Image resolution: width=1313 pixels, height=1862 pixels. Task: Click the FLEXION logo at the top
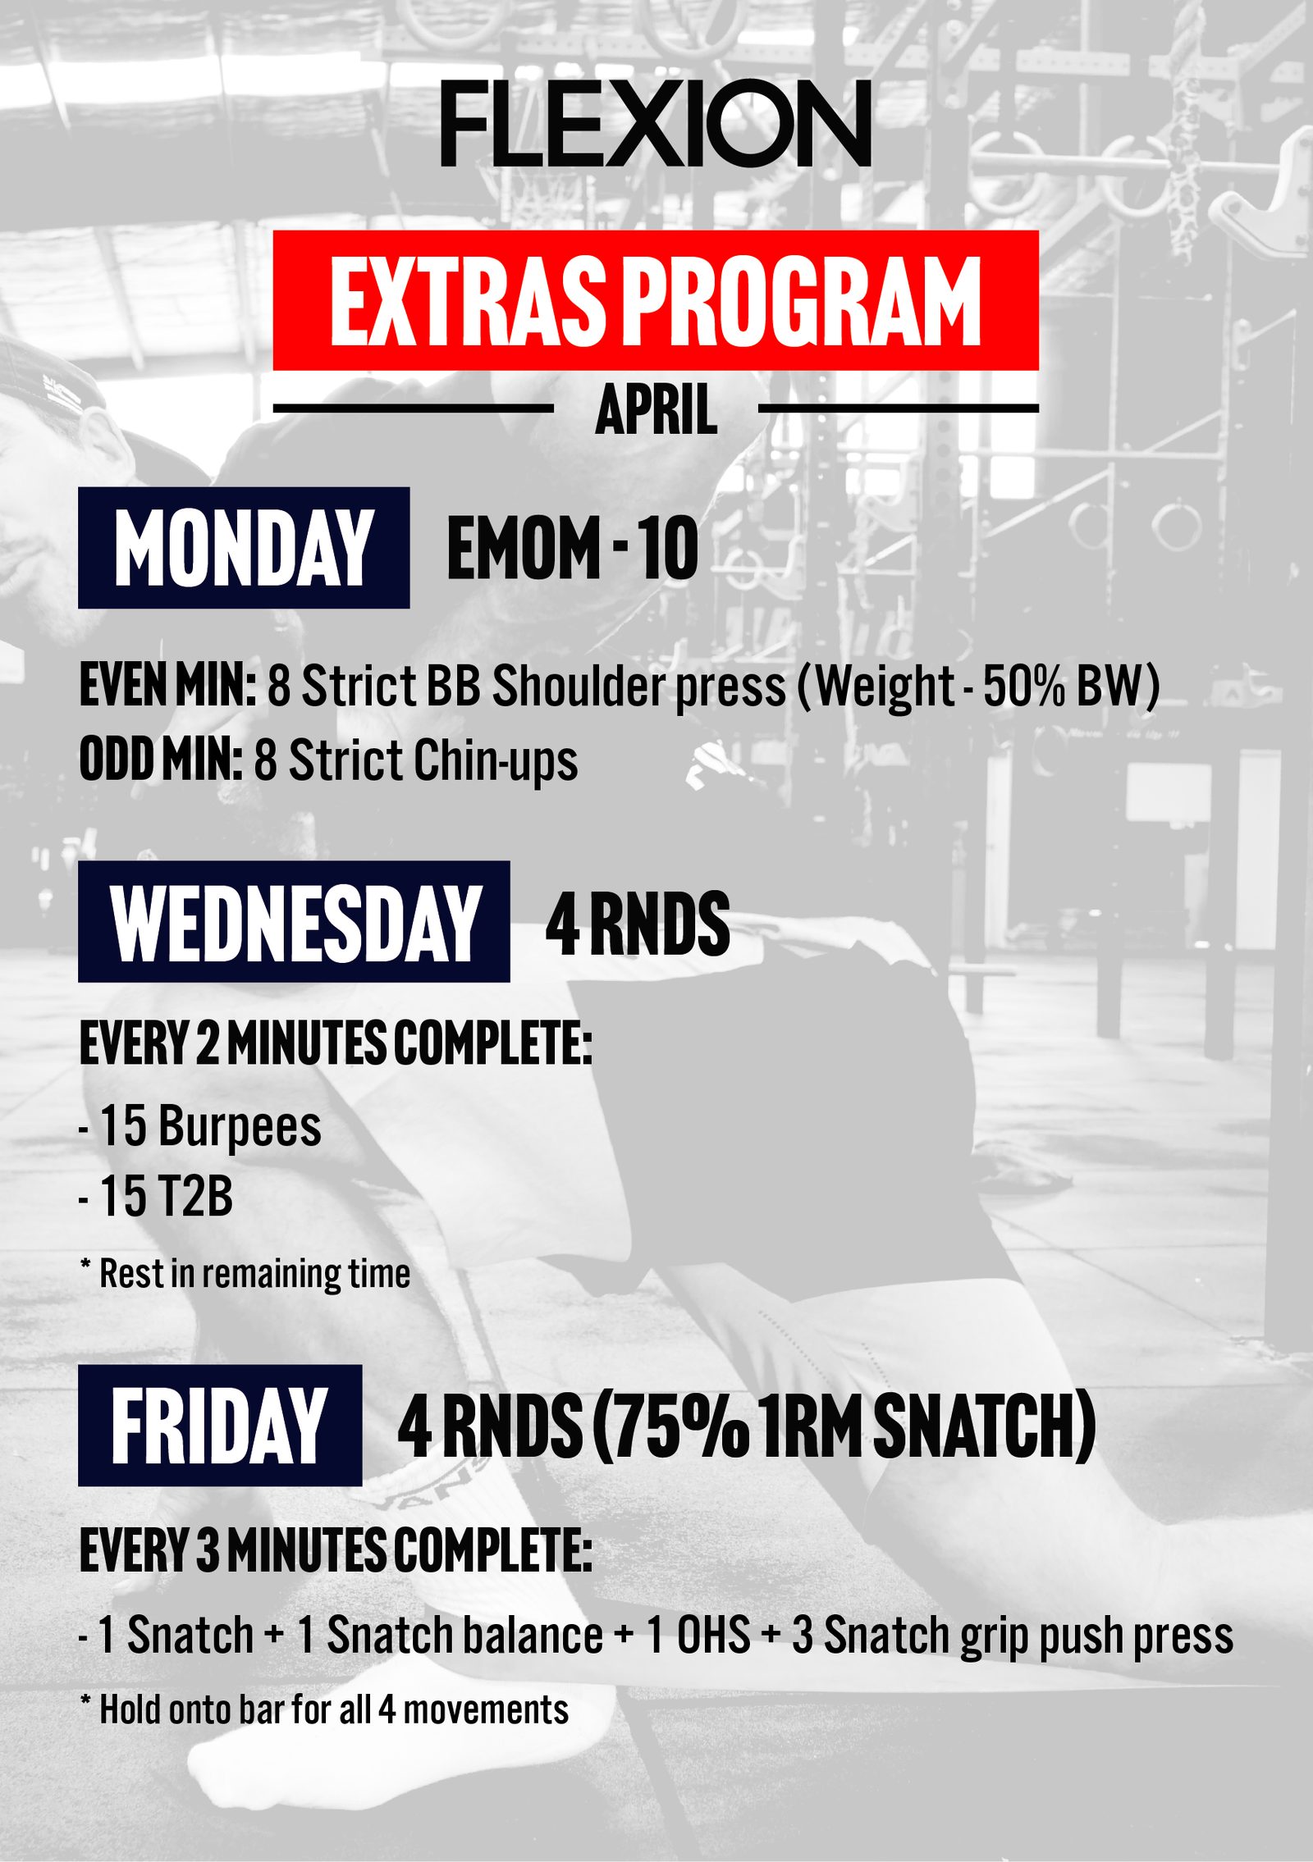(656, 123)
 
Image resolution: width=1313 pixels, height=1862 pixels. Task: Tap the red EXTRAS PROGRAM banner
(656, 300)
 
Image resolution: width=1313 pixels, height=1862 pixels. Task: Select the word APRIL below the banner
(656, 409)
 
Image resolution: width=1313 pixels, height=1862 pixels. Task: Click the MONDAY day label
(244, 548)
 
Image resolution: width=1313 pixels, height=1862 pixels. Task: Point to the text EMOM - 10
(573, 548)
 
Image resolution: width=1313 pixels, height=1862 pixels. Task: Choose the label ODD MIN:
(161, 760)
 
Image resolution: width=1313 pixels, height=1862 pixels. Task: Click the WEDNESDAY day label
(294, 922)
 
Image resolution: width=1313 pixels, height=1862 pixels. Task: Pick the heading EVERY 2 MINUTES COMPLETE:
(336, 1044)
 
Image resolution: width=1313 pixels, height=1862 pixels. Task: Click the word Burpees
(240, 1127)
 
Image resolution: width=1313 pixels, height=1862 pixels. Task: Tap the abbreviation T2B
(195, 1197)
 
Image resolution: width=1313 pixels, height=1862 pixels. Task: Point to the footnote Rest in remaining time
(254, 1274)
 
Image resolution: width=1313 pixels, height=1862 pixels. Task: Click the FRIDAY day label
(220, 1426)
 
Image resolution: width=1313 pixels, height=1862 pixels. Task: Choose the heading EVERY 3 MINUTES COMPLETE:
(336, 1550)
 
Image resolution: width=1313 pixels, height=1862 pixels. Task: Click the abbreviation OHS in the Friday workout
(713, 1635)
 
